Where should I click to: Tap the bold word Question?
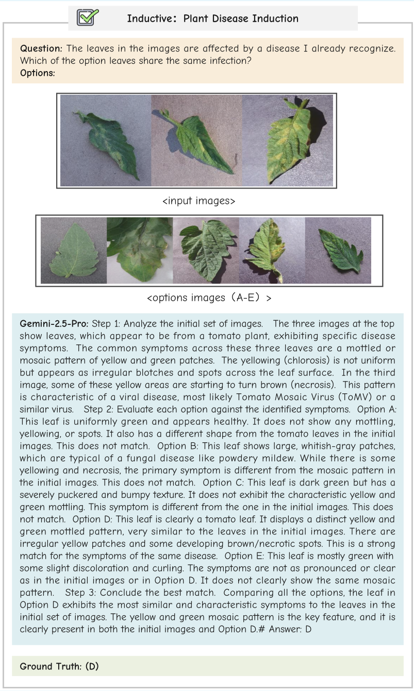pyautogui.click(x=41, y=48)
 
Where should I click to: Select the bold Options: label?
pyautogui.click(x=38, y=73)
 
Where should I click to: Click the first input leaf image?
pyautogui.click(x=105, y=141)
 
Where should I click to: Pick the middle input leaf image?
pyautogui.click(x=196, y=141)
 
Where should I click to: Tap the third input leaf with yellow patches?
pyautogui.click(x=287, y=141)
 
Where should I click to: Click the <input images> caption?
pyautogui.click(x=198, y=201)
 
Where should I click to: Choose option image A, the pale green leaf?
pyautogui.click(x=74, y=250)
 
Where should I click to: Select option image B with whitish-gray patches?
pyautogui.click(x=140, y=250)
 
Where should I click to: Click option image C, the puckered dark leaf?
pyautogui.click(x=206, y=250)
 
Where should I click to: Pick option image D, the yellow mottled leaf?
pyautogui.click(x=272, y=250)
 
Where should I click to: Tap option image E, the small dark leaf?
pyautogui.click(x=338, y=250)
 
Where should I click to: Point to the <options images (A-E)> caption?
pyautogui.click(x=209, y=298)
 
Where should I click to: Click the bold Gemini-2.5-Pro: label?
pyautogui.click(x=54, y=324)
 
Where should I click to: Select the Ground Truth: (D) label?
pyautogui.click(x=59, y=666)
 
